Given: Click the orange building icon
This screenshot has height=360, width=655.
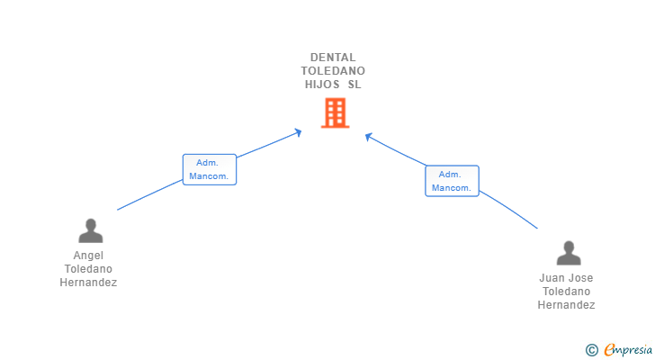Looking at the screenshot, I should pos(335,112).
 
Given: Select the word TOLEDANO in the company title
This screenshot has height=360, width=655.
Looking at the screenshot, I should pos(333,71).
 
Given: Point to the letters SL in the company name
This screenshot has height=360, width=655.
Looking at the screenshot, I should pos(354,85).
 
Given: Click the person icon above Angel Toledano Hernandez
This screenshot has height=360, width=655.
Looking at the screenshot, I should pos(90,231).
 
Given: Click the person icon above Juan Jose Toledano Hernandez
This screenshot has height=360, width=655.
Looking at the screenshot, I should pos(568,253).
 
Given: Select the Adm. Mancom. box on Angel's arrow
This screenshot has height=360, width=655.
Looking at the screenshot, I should pos(210,169).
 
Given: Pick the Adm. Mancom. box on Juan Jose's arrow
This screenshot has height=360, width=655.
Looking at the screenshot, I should pos(452,181).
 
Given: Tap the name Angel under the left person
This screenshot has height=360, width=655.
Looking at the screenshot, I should pos(88,256).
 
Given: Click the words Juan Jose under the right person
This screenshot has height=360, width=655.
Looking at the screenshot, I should pos(566,278).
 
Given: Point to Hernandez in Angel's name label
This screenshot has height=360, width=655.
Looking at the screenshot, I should pos(88,283).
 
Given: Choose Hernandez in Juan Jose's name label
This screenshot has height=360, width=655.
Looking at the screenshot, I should pos(566,305).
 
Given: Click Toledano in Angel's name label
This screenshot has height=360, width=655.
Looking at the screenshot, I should pos(88,269).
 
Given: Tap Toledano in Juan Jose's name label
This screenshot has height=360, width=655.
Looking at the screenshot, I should pos(566,292).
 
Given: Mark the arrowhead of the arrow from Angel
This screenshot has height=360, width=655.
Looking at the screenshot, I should pos(299,132).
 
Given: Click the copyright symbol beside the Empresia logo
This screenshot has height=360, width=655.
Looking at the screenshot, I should pos(591,349).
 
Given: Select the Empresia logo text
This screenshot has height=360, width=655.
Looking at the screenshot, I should pos(627,349).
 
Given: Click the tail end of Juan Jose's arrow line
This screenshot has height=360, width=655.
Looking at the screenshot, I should pos(537,229).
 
